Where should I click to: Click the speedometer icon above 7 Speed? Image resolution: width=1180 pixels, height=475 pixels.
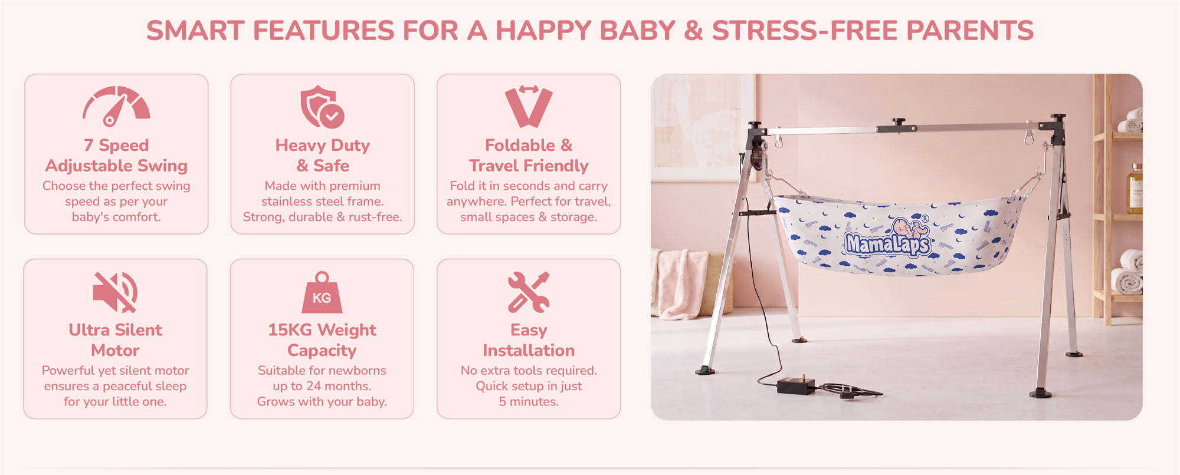tap(116, 106)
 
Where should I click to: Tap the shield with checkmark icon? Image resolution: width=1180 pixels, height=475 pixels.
tap(322, 107)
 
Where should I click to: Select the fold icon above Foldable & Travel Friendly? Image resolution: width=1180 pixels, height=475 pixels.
tap(529, 107)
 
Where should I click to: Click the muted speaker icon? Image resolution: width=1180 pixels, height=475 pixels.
tap(116, 292)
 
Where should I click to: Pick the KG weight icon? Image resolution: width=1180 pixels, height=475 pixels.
tap(322, 292)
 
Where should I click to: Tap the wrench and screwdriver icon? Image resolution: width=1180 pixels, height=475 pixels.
tap(529, 292)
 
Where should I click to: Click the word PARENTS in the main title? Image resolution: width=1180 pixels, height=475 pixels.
tap(970, 31)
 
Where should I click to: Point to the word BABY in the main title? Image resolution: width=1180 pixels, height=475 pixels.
tap(637, 31)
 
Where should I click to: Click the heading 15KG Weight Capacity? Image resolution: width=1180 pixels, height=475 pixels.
tap(322, 340)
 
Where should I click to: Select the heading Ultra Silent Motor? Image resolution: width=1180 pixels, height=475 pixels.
tap(116, 340)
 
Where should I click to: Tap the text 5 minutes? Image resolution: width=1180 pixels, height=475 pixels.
tap(529, 402)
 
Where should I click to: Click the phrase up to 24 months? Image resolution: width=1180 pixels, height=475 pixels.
tap(322, 387)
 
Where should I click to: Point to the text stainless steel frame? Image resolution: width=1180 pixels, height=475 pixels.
tap(322, 202)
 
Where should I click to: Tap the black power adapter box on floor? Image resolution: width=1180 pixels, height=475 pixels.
tap(796, 386)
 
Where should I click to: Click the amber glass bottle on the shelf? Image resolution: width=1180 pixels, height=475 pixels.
tap(1135, 189)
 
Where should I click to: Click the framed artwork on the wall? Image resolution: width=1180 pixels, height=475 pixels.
tap(702, 127)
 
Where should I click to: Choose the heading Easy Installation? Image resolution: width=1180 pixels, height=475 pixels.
tap(529, 340)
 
